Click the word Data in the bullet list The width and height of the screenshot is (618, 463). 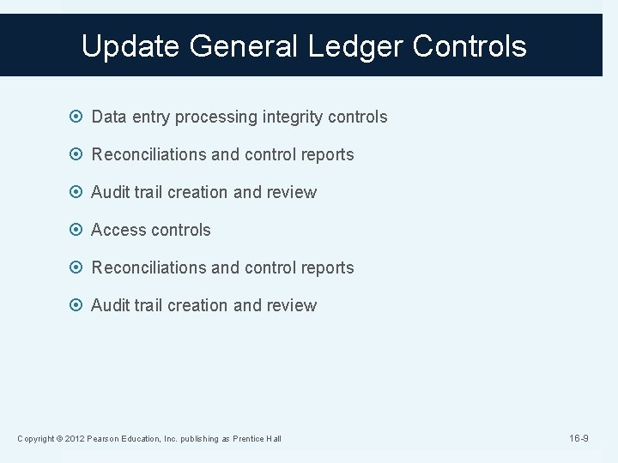pos(108,117)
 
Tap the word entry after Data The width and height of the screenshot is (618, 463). pos(151,117)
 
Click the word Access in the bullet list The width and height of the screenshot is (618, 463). pos(118,230)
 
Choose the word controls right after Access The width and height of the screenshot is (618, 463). pos(180,230)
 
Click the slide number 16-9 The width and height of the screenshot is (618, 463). pos(579,438)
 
